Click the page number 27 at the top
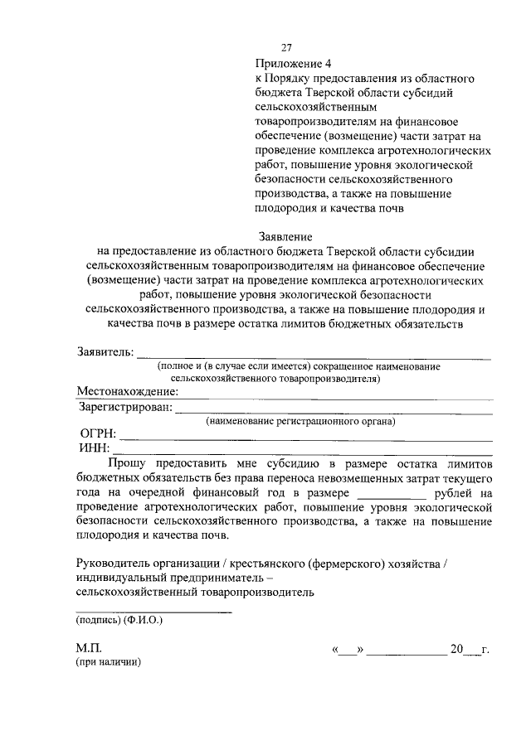[287, 47]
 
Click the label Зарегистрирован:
[126, 407]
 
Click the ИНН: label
[95, 449]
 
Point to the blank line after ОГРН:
[307, 439]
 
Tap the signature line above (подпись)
[153, 612]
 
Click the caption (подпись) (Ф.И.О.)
[119, 620]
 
